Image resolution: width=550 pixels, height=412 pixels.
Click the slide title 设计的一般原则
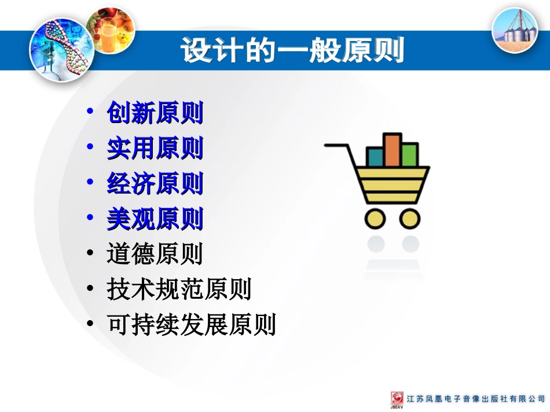coord(292,51)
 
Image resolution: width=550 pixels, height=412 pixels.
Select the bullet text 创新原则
coord(155,113)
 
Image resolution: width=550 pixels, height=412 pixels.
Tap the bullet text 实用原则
coord(155,149)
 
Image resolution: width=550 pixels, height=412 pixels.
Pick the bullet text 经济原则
coord(155,184)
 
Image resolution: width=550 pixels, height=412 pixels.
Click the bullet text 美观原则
coord(155,219)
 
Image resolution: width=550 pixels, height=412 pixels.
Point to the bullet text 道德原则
coord(155,254)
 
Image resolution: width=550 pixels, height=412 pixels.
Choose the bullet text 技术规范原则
coord(179,289)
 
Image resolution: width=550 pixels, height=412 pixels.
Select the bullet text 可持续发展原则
coord(191,325)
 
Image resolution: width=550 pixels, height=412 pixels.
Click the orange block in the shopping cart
coord(392,151)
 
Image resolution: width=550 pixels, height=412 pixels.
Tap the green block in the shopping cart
coord(409,155)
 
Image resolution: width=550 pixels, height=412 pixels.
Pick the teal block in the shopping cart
coord(375,157)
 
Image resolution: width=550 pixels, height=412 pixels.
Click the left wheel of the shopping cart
coord(375,218)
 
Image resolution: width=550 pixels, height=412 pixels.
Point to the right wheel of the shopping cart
coord(410,218)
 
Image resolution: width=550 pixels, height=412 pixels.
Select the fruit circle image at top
coord(110,29)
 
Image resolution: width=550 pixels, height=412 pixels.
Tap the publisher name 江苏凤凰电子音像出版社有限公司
coord(476,399)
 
